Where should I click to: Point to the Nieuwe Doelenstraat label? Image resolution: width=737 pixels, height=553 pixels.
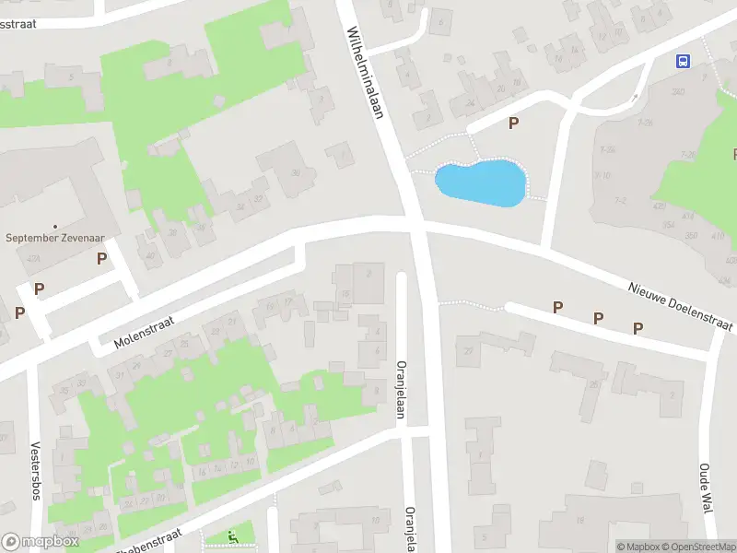click(x=681, y=307)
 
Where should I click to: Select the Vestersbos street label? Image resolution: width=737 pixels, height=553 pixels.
click(x=36, y=471)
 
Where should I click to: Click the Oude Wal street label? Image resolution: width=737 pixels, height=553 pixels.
click(x=706, y=488)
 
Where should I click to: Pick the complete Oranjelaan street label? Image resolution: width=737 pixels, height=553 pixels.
click(x=401, y=389)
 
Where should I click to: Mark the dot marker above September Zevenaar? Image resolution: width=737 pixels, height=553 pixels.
click(x=55, y=226)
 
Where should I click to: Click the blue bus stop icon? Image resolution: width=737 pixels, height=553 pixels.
click(x=683, y=62)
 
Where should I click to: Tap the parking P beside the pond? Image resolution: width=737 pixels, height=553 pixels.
click(x=513, y=123)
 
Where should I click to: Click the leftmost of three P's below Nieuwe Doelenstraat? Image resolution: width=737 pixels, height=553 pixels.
click(x=557, y=307)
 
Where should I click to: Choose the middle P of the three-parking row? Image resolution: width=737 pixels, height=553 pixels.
click(x=598, y=318)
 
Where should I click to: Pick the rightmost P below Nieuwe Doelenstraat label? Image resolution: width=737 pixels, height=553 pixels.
click(x=638, y=328)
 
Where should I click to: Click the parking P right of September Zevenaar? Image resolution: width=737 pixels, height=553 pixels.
click(x=101, y=259)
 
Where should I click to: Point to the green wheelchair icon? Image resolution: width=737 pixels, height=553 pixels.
click(x=232, y=535)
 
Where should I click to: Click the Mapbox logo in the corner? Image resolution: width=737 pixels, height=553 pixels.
click(x=40, y=542)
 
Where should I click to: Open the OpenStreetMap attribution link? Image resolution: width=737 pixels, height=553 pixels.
click(x=701, y=547)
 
